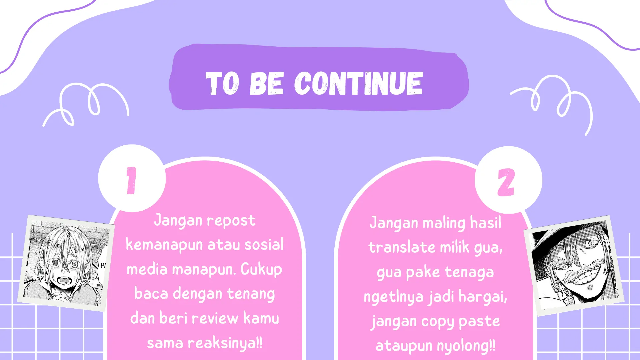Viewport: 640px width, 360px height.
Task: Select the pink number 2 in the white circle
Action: (x=506, y=182)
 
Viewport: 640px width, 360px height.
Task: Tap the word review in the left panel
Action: (x=215, y=318)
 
